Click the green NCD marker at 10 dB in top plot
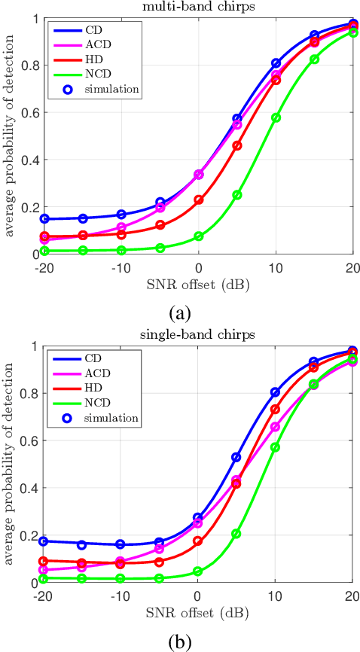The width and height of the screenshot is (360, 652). (x=276, y=118)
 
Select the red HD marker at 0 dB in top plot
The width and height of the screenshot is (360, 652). (x=199, y=200)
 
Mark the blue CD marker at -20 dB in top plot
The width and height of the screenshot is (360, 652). (x=44, y=219)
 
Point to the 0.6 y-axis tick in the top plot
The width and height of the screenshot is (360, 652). (x=29, y=113)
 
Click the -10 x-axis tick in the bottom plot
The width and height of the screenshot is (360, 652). (x=121, y=596)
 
